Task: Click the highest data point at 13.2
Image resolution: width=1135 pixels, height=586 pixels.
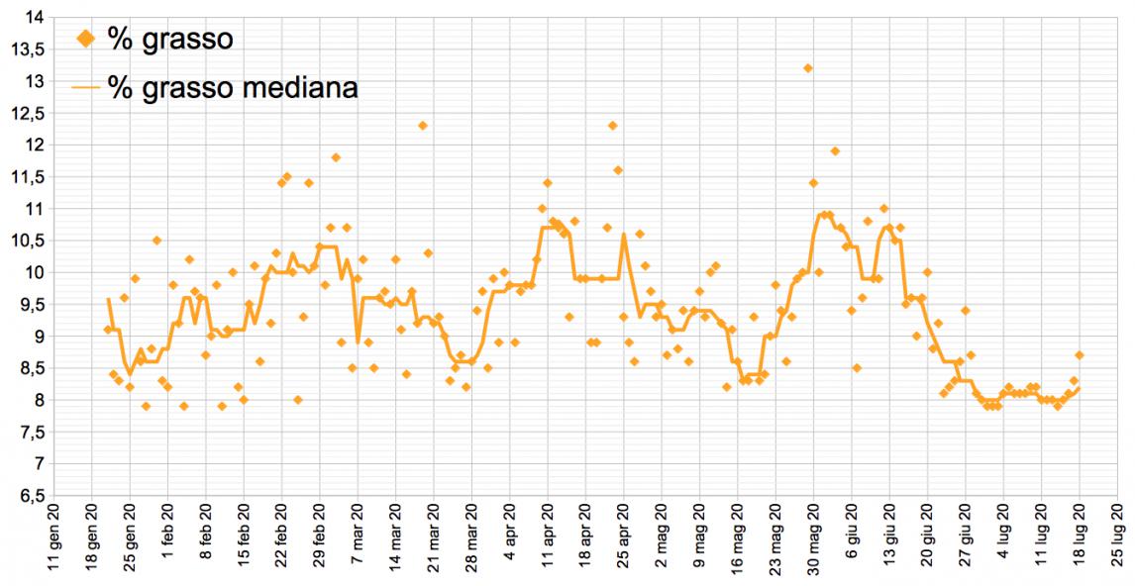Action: coord(808,68)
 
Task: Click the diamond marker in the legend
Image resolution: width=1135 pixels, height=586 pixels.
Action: coord(86,39)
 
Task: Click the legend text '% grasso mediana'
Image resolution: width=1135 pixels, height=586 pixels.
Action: coord(232,87)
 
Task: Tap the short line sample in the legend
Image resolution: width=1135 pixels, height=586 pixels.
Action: coord(86,87)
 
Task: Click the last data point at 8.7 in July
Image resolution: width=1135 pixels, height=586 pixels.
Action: coord(1080,355)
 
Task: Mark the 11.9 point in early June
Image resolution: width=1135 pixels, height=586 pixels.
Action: coord(835,151)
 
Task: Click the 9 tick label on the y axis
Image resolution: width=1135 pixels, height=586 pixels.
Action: coord(37,337)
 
